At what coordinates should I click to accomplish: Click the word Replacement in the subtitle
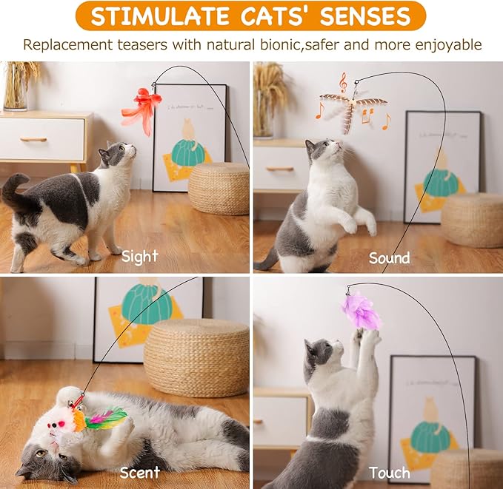[66, 44]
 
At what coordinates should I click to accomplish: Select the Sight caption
[140, 257]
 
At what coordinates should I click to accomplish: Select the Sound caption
[389, 258]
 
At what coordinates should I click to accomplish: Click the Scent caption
[140, 472]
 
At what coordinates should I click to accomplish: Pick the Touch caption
[389, 472]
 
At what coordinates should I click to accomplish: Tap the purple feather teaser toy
[361, 311]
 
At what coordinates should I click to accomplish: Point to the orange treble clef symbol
[342, 81]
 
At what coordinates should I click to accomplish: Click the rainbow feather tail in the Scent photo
[105, 418]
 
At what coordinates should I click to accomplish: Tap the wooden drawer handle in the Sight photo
[33, 139]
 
